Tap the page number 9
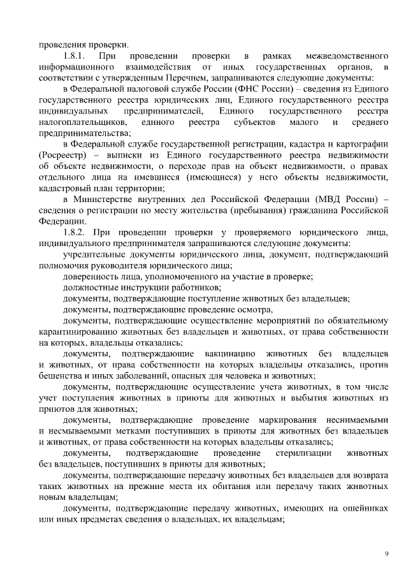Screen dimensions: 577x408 pos(386,553)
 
